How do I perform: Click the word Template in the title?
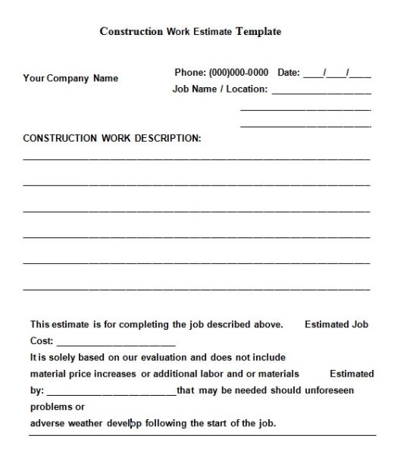tap(258, 32)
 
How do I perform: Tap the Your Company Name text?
tap(70, 78)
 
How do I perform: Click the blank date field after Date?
tap(337, 74)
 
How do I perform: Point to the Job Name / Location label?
tap(220, 89)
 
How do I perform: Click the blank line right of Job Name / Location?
tap(321, 92)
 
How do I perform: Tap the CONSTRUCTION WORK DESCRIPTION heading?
tap(112, 139)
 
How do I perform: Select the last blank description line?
tap(196, 289)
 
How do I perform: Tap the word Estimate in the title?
tap(214, 32)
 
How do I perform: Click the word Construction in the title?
tap(131, 32)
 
